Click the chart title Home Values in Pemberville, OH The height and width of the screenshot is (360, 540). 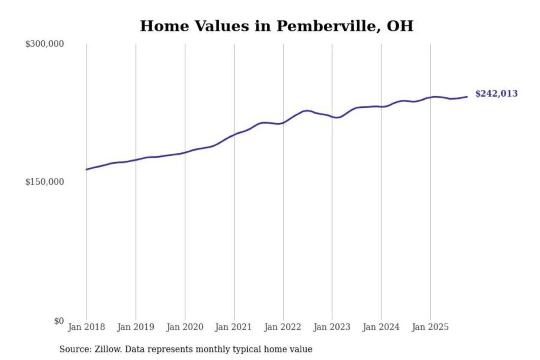[277, 26]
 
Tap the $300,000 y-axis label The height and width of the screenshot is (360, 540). [45, 44]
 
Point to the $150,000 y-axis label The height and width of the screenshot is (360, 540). [45, 182]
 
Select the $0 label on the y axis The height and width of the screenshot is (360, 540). [59, 321]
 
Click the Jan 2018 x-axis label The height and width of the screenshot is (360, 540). [86, 327]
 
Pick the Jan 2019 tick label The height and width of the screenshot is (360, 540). [135, 327]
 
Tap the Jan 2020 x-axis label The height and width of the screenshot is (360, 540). [184, 327]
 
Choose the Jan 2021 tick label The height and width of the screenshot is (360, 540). [233, 327]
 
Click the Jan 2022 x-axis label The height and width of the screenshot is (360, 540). [282, 327]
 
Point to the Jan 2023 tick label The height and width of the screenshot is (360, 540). [331, 327]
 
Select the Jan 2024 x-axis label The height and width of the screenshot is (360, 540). [381, 327]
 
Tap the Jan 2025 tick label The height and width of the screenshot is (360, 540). [430, 327]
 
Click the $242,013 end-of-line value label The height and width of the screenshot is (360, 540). [496, 93]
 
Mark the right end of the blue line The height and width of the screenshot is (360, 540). [467, 97]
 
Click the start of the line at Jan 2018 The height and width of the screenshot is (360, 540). [87, 169]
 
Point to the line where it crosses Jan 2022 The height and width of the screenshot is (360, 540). [283, 122]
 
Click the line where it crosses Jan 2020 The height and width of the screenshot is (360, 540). [185, 152]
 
